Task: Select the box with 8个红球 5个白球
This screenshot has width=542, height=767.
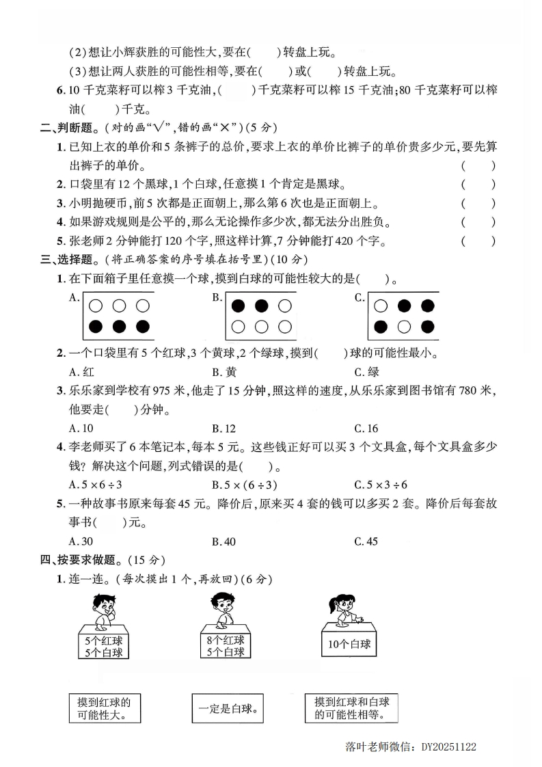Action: pos(225,646)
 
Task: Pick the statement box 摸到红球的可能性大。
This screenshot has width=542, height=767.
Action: pos(105,709)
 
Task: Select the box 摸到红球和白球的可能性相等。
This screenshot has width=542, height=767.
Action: pos(351,709)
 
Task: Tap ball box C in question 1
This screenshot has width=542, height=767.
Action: pos(403,316)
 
